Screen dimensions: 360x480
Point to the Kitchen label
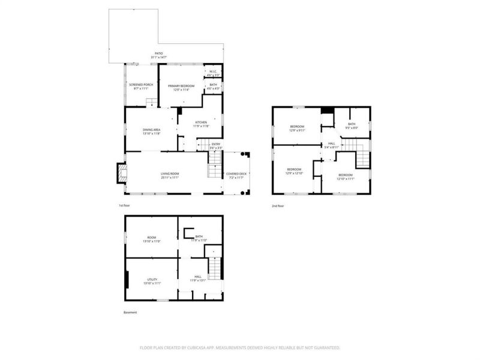[x=201, y=124]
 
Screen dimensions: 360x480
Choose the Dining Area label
[x=151, y=131]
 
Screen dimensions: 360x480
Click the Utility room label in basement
[x=152, y=281]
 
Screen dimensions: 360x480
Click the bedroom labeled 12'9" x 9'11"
[x=298, y=127]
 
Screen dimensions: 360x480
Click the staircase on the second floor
[x=362, y=157]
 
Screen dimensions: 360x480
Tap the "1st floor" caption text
[x=125, y=206]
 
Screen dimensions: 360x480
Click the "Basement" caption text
[x=130, y=313]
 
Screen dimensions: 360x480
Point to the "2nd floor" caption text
[x=278, y=206]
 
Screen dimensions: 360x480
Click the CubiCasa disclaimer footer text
[x=240, y=347]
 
